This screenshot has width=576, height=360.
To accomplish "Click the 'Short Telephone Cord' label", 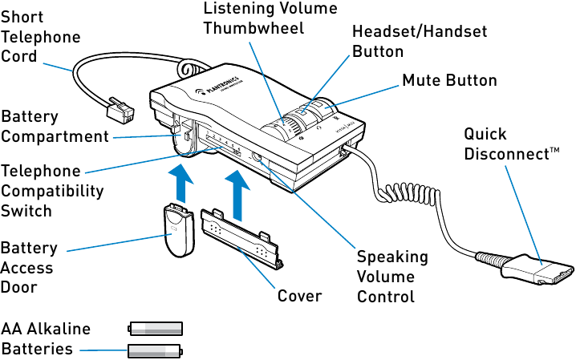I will (40, 37).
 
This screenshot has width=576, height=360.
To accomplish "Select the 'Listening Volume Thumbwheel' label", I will (270, 18).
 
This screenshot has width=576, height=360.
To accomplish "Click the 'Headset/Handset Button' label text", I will (420, 41).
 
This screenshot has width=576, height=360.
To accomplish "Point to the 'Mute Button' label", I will (449, 81).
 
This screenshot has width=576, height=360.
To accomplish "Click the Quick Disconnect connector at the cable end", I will (546, 269).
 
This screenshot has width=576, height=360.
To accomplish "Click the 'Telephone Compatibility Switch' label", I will (52, 191).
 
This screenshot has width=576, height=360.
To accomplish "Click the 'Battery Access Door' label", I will (29, 267).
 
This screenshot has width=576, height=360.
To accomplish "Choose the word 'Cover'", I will (299, 296).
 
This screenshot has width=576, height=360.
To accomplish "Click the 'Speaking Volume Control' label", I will (391, 277).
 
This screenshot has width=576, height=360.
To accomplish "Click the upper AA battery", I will (156, 328).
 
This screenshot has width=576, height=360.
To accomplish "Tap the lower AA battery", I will (156, 350).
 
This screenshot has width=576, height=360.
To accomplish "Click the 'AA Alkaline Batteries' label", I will (46, 339).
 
